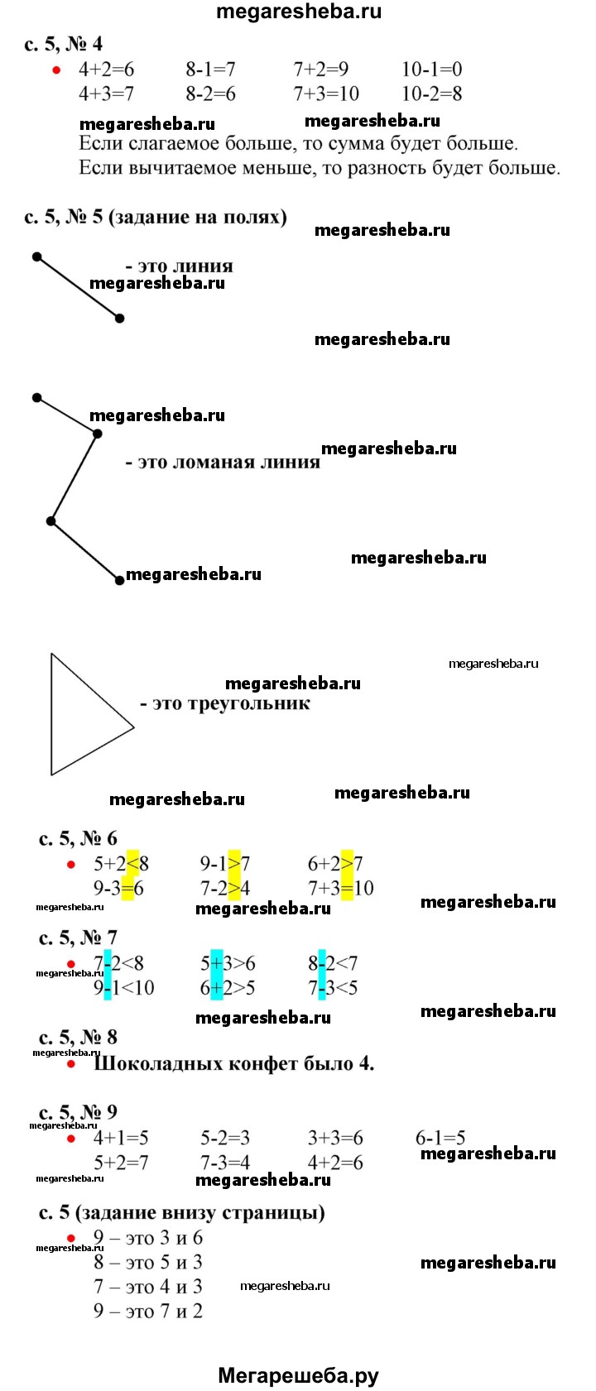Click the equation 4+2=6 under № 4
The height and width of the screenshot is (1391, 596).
106,70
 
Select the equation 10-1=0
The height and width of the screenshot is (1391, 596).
431,70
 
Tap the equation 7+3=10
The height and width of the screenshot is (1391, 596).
326,94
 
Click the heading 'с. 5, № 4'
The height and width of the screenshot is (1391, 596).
63,44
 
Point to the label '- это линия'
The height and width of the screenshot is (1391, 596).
179,266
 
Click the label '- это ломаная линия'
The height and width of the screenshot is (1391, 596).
222,462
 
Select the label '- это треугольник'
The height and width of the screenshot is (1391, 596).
225,703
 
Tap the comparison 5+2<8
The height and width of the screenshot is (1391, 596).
121,864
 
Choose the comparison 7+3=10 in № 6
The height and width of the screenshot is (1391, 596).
340,889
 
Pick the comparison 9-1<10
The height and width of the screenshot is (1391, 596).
123,988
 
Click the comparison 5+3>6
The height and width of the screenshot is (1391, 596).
228,963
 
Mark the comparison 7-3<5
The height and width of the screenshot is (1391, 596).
332,988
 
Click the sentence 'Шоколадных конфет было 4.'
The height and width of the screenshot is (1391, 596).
233,1063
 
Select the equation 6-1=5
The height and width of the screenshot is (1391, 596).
440,1139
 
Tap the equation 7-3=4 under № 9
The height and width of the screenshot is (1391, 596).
225,1163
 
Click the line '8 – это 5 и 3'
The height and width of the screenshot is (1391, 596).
148,1263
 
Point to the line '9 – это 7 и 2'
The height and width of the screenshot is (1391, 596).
148,1311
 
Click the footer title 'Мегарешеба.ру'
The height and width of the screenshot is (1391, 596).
298,1376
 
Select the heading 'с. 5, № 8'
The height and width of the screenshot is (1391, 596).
78,1037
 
